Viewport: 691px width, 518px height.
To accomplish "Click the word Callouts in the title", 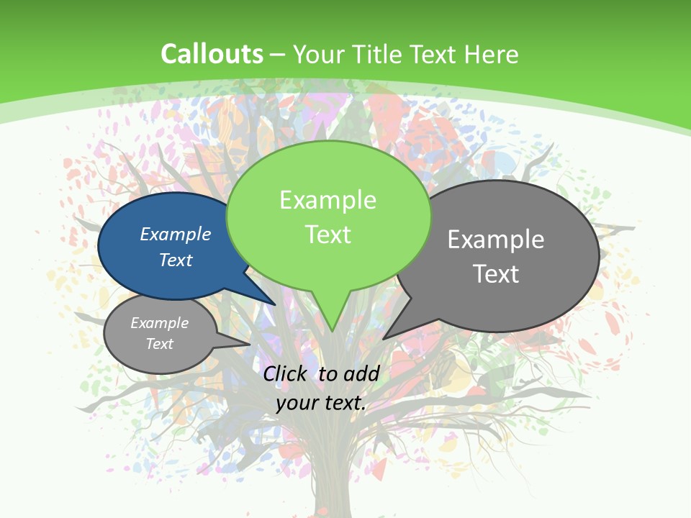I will click(x=212, y=54).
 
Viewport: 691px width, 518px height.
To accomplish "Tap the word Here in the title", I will click(x=492, y=55).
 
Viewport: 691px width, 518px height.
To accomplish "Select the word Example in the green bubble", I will click(x=328, y=200).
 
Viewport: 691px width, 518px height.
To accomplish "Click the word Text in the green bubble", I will click(x=328, y=235).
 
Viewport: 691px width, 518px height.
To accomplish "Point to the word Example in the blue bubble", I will click(x=176, y=234).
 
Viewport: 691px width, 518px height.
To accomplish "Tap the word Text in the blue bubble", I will click(x=176, y=260).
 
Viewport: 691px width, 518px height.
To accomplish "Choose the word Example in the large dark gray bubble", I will click(x=496, y=240).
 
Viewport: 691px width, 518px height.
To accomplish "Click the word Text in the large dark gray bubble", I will click(x=496, y=274).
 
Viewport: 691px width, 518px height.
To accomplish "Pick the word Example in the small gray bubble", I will click(x=160, y=323).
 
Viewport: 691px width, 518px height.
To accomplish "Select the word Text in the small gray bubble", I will click(x=160, y=344).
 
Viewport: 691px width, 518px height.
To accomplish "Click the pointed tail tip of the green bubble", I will click(x=332, y=331).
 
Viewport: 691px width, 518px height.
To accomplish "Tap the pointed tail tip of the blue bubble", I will click(x=275, y=304).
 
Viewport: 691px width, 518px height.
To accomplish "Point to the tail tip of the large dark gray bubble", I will click(x=384, y=338).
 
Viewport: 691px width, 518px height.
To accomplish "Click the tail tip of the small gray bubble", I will click(x=249, y=344).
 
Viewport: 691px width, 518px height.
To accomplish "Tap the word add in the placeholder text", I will click(x=361, y=373).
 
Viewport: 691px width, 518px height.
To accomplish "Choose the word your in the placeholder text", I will click(x=296, y=403).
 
